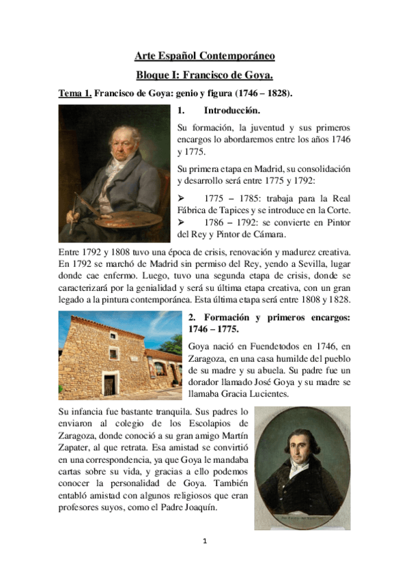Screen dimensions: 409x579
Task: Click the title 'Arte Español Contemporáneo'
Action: [x=204, y=56]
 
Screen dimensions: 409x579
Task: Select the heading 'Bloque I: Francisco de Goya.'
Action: [x=204, y=75]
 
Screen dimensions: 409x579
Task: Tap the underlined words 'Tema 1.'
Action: [x=75, y=94]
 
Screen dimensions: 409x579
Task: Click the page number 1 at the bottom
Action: [x=204, y=541]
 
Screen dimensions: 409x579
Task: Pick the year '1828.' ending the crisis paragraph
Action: [x=339, y=299]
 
